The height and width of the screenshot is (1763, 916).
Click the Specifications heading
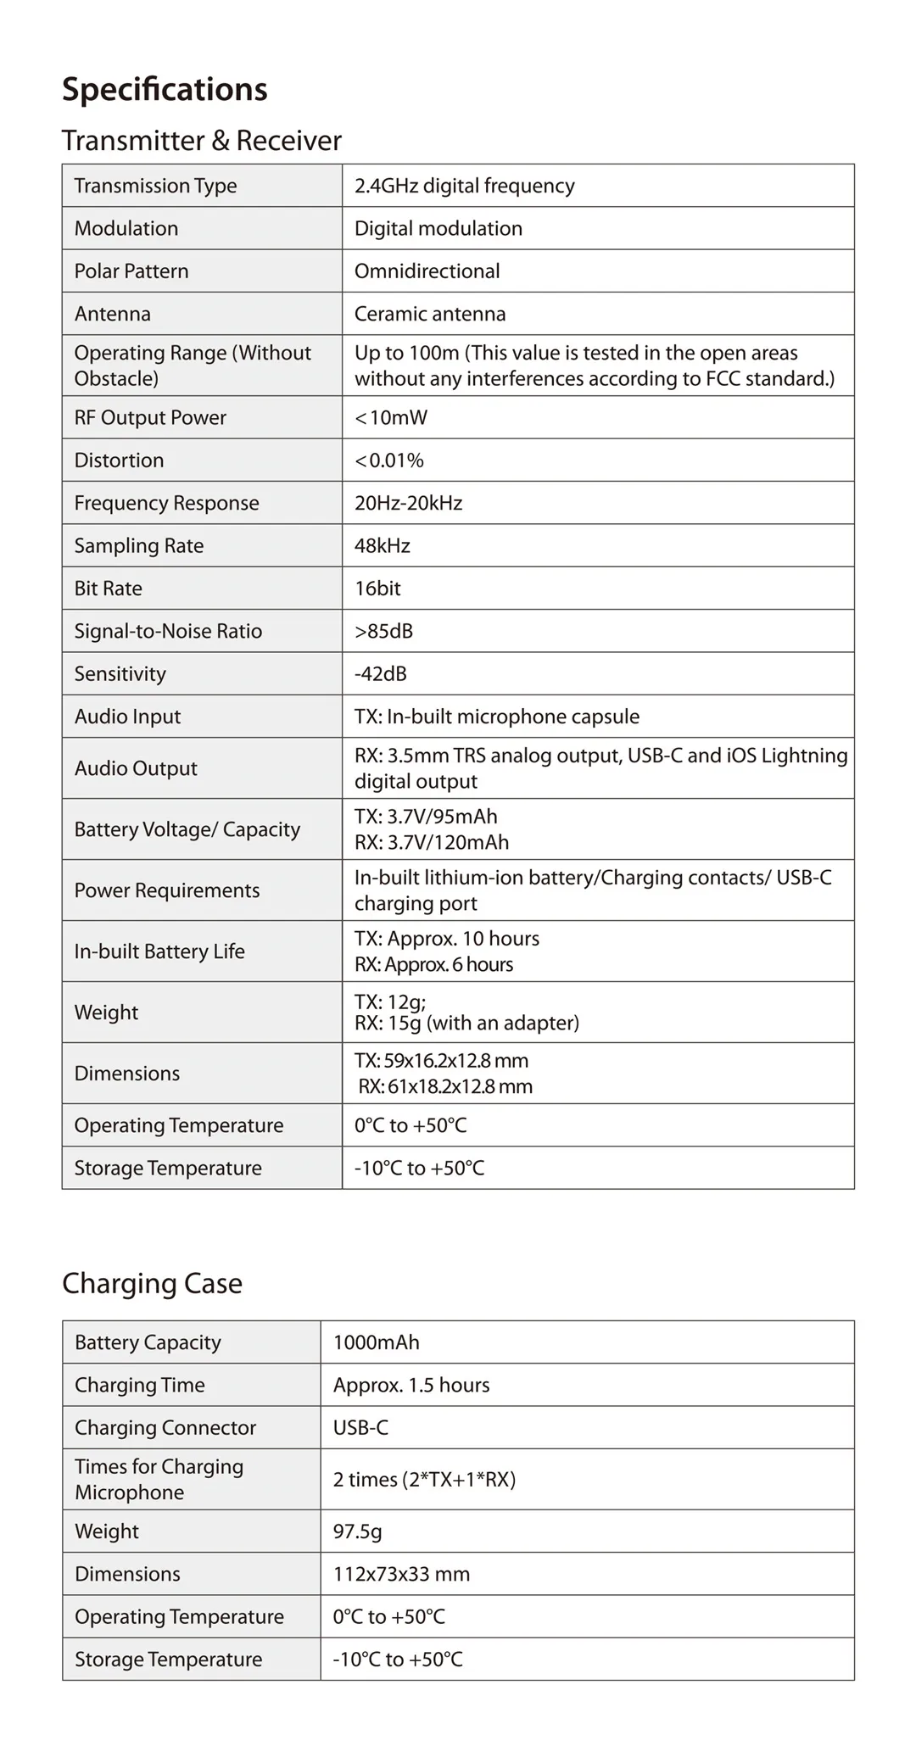click(x=165, y=90)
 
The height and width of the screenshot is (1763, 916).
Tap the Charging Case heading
click(x=152, y=1283)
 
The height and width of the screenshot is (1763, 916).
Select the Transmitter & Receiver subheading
click(x=201, y=141)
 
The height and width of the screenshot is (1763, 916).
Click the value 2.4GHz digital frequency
click(x=464, y=186)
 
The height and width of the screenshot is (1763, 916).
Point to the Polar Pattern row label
click(x=131, y=271)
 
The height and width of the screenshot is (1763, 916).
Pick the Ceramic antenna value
click(x=429, y=314)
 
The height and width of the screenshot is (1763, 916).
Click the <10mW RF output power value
click(x=391, y=418)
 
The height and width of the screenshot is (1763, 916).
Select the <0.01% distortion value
click(x=389, y=460)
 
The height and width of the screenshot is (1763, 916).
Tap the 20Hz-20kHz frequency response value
click(x=408, y=504)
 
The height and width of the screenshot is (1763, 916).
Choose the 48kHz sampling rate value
click(x=382, y=546)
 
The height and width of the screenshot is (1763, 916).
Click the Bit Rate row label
click(x=108, y=589)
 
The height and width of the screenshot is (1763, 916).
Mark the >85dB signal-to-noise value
click(x=383, y=631)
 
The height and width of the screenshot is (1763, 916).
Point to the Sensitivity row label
click(x=120, y=674)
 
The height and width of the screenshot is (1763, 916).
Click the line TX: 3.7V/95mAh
click(x=426, y=817)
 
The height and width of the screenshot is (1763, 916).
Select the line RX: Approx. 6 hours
click(x=433, y=964)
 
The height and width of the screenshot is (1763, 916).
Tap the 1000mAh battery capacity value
click(x=376, y=1342)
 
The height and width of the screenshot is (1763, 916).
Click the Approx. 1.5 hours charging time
click(x=411, y=1385)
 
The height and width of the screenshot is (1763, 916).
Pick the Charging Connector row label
click(x=165, y=1428)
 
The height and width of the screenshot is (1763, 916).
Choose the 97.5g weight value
click(x=357, y=1531)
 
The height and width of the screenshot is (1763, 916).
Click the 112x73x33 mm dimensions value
click(x=401, y=1574)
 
